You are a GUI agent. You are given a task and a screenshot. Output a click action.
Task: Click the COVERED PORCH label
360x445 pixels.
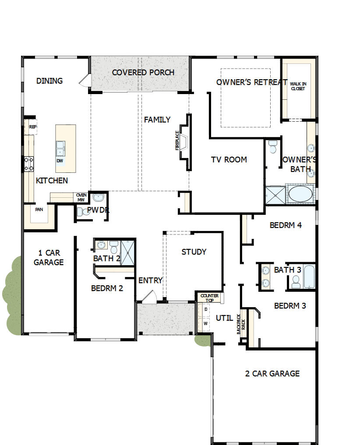143,73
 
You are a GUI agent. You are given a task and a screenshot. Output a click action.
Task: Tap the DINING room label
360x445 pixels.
49,81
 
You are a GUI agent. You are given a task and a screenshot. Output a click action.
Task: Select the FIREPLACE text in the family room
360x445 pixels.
177,140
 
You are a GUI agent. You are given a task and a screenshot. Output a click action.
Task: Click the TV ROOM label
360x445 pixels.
229,160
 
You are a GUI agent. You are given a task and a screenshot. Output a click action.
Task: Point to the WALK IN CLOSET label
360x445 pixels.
298,86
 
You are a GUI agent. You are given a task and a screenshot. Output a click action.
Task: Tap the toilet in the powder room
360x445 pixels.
82,212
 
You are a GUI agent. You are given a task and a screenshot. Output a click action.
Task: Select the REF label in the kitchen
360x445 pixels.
33,127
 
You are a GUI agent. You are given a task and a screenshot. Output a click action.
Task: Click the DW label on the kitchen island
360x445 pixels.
60,161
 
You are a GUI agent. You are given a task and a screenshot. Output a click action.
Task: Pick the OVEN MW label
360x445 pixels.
81,197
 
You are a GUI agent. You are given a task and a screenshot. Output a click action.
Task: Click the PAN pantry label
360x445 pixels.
39,210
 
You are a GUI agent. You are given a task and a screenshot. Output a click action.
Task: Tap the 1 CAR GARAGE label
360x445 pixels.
49,258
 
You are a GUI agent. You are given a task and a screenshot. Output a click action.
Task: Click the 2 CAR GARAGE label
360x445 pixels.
272,374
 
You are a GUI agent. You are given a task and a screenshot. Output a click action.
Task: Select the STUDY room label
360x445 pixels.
194,252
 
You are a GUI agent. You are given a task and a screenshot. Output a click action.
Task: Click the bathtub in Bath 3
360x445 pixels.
309,277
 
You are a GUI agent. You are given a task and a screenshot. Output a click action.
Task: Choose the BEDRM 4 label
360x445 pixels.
286,226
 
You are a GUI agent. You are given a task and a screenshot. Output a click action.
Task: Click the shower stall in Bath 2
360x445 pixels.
128,252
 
